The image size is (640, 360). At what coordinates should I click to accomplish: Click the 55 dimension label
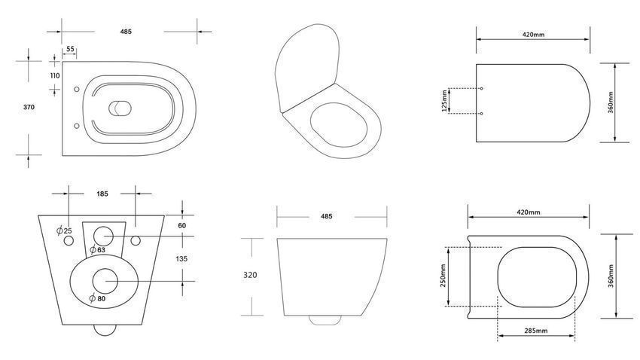coord(70,49)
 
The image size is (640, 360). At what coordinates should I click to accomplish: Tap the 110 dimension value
coord(55,75)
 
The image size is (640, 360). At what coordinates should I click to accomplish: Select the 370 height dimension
coord(29,108)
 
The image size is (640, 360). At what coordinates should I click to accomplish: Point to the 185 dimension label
coord(102,194)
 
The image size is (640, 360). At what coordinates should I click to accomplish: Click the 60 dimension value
coord(182,225)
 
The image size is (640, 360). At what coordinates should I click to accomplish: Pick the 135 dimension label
coord(181,259)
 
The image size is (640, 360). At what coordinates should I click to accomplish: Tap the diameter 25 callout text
coord(65,231)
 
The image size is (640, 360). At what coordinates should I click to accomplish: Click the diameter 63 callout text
coord(98,249)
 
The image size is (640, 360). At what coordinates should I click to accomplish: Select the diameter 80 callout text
coord(98,298)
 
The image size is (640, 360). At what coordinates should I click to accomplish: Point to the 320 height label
coord(250,275)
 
